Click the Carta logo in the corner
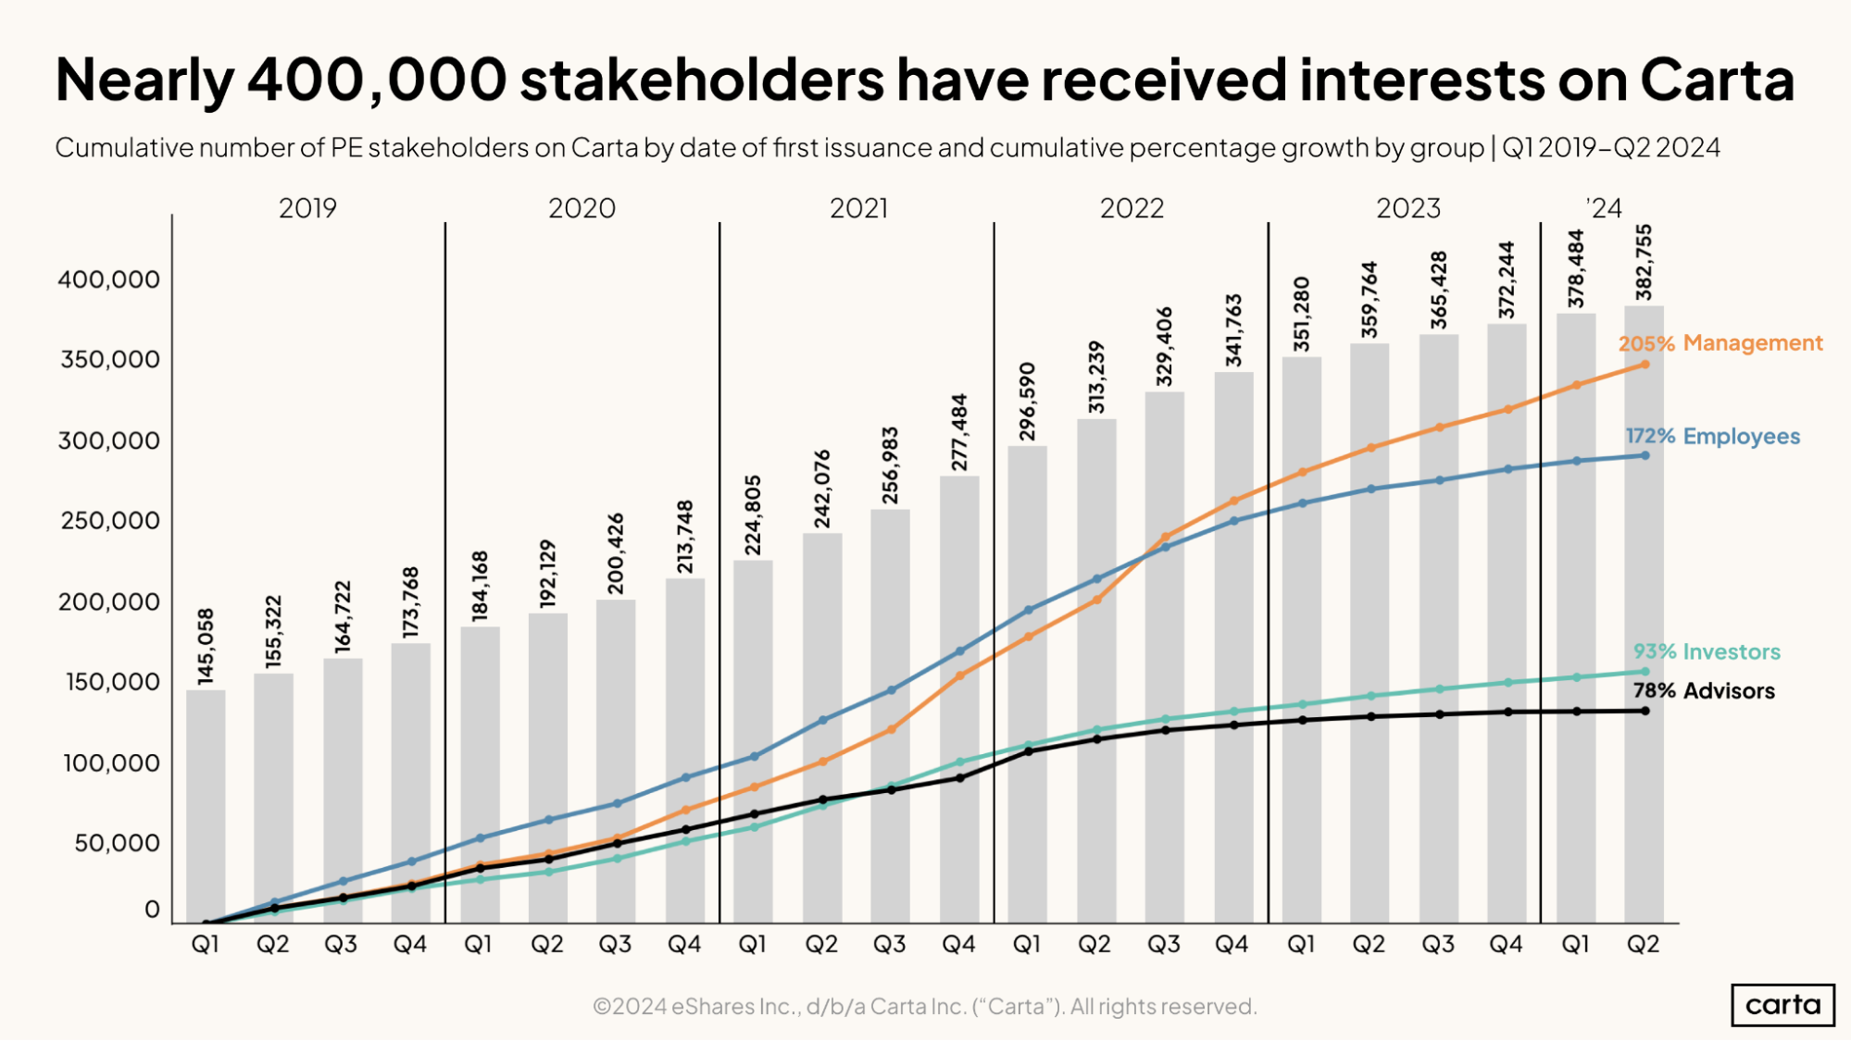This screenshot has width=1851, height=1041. click(1782, 1005)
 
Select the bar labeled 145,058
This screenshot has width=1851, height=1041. click(206, 805)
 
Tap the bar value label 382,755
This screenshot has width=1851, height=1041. click(1644, 263)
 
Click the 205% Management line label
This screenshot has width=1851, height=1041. click(1720, 343)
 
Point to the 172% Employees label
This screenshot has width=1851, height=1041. click(1713, 437)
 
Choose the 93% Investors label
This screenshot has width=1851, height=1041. click(1707, 652)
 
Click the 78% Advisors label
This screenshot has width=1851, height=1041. click(1704, 691)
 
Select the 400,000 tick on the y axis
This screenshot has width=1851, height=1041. click(108, 279)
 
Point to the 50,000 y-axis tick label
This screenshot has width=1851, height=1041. click(117, 843)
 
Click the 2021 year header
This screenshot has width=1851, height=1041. click(858, 208)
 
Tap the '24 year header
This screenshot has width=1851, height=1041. click(1605, 208)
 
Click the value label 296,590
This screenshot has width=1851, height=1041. click(1027, 402)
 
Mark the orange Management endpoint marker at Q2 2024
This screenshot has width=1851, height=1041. click(1645, 365)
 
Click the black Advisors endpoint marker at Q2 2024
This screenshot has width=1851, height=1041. click(1645, 711)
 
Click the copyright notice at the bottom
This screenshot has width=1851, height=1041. click(924, 1006)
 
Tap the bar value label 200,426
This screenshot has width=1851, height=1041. click(616, 553)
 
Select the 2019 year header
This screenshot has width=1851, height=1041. click(307, 208)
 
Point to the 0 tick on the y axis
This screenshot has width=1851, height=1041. click(152, 910)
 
